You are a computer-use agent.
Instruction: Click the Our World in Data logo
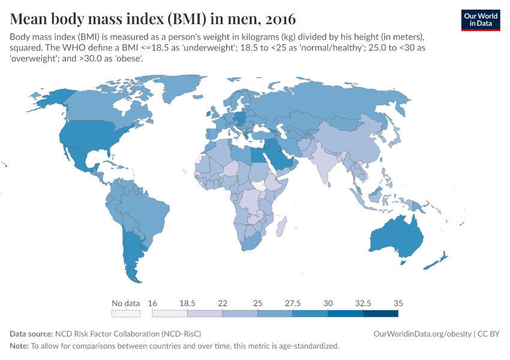click(480, 20)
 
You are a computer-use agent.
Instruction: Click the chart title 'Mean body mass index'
click(152, 17)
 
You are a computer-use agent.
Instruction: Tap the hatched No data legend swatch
click(126, 313)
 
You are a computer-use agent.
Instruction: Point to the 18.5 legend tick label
click(187, 303)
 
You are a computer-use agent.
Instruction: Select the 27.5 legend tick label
click(293, 303)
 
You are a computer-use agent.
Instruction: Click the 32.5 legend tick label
click(363, 303)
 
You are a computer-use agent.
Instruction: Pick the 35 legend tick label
click(398, 303)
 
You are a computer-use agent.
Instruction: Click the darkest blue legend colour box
click(380, 313)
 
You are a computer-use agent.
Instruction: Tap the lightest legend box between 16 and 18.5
click(170, 313)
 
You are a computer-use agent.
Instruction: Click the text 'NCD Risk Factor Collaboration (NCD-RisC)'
click(128, 334)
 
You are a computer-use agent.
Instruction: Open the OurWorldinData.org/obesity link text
click(424, 334)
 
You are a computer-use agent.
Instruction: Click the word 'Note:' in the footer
click(19, 346)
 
